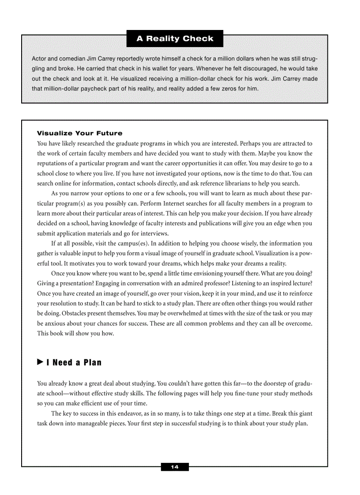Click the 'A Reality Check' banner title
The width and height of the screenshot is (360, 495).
point(175,38)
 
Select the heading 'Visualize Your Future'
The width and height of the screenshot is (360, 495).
point(79,133)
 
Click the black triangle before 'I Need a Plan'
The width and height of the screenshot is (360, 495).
point(40,362)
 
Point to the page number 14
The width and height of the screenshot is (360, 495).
point(175,467)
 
